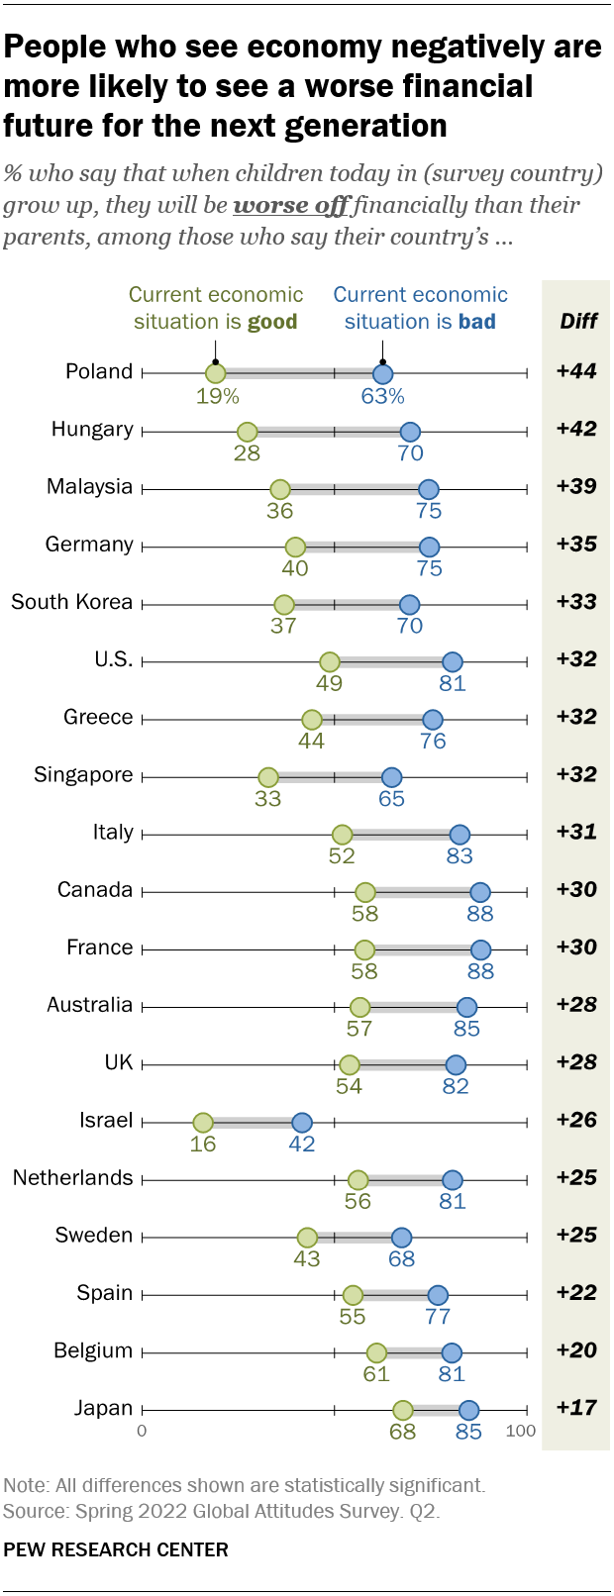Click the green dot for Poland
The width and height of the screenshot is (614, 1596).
(215, 373)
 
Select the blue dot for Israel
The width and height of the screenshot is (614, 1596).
(302, 1123)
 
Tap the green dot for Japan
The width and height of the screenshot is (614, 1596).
(402, 1410)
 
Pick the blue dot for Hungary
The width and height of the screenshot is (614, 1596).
(410, 432)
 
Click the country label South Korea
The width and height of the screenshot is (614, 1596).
(71, 602)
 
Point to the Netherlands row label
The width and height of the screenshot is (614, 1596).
(72, 1178)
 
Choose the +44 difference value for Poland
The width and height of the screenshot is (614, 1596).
(576, 371)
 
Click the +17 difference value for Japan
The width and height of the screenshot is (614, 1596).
(576, 1408)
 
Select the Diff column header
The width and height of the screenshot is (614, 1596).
(578, 321)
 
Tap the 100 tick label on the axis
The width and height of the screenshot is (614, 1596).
(521, 1431)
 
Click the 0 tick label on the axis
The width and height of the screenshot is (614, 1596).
(142, 1431)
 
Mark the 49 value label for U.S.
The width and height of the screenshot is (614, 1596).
(329, 683)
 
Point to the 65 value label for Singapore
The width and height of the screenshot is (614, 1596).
(392, 799)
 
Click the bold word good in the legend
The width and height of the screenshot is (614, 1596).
(272, 322)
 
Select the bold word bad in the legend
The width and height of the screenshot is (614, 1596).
(476, 322)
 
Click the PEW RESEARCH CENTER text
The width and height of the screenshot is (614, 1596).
(116, 1549)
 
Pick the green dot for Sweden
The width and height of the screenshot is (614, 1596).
(307, 1238)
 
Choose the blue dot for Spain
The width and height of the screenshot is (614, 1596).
(438, 1295)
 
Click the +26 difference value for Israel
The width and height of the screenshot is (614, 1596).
(576, 1120)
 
